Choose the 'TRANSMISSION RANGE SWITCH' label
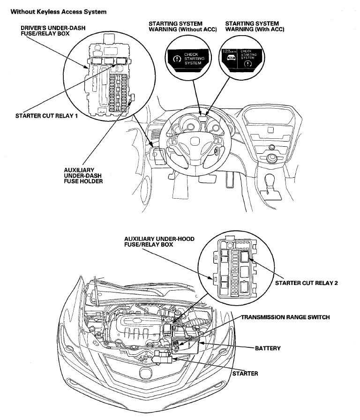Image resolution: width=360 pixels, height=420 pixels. [x=285, y=317]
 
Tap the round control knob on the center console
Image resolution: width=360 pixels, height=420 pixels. [x=270, y=158]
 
